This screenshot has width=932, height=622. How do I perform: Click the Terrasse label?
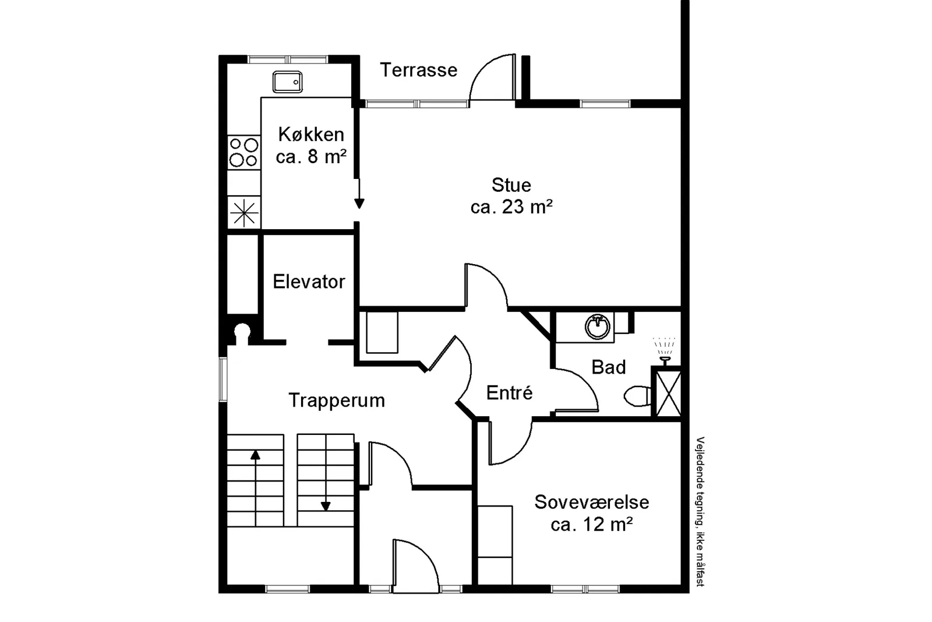tap(419, 70)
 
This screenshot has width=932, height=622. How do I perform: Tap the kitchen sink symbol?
tap(288, 82)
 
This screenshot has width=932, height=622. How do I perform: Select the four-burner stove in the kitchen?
tap(244, 152)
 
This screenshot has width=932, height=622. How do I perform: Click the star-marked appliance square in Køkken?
tap(244, 213)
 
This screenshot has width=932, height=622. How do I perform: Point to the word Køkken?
tap(311, 135)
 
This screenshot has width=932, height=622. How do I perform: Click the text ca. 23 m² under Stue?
tap(511, 206)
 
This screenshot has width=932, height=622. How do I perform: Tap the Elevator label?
tap(309, 282)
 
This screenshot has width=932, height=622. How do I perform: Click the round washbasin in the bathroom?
tap(598, 327)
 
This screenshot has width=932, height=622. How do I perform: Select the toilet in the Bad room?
tap(638, 396)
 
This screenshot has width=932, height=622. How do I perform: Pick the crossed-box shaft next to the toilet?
tap(668, 393)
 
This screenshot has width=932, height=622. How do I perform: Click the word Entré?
tap(509, 393)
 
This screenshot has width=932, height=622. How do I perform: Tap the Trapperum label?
tap(337, 400)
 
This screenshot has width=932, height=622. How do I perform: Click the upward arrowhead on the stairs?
tap(255, 455)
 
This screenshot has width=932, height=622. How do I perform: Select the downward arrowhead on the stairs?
tap(326, 506)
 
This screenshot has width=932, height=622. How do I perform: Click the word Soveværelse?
tap(592, 502)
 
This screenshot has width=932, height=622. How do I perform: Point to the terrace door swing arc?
tap(483, 66)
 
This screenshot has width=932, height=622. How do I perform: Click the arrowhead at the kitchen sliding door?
tap(359, 203)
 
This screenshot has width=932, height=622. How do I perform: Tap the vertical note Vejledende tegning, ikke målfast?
tap(700, 512)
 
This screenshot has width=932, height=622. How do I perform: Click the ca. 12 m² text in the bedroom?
tap(592, 524)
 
